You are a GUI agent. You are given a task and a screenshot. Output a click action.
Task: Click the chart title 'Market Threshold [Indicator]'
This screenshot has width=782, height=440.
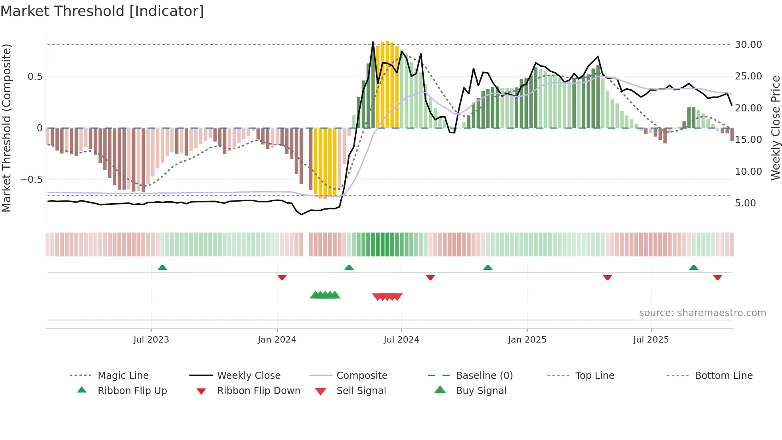click(102, 11)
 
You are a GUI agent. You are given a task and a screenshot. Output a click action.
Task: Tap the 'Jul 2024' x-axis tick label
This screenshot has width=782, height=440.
click(401, 339)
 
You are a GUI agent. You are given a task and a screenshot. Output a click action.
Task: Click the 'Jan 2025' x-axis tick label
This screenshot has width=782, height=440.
click(527, 339)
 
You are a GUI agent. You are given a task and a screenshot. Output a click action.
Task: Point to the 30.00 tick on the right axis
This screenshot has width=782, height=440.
click(748, 44)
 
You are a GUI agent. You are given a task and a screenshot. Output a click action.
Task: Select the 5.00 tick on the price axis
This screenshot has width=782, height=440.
click(745, 203)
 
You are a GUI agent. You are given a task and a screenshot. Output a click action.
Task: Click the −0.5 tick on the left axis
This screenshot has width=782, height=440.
click(31, 179)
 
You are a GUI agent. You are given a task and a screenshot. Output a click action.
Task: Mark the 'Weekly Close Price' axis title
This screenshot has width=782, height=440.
click(775, 128)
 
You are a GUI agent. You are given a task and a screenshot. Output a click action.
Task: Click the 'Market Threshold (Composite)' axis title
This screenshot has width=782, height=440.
click(6, 128)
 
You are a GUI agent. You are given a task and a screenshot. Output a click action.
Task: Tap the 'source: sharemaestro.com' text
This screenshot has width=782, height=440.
click(702, 313)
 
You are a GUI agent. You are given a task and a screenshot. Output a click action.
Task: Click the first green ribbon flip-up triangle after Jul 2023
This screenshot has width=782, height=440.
click(162, 268)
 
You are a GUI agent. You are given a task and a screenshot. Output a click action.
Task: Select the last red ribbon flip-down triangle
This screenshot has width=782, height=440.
click(717, 277)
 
